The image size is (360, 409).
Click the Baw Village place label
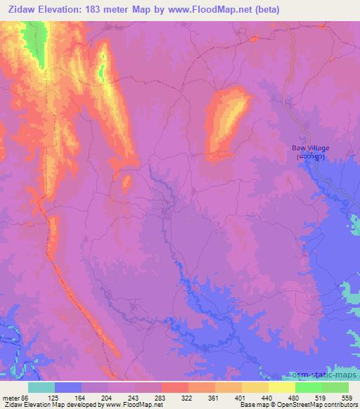310,148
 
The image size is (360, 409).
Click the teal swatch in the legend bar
41,387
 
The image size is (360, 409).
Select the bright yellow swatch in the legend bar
282,387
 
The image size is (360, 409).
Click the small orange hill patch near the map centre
127,183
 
